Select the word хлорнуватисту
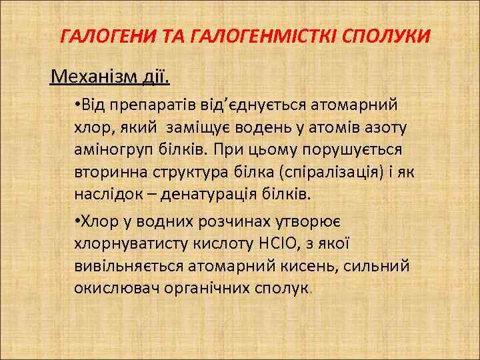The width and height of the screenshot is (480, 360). pyautogui.click(x=125, y=243)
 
